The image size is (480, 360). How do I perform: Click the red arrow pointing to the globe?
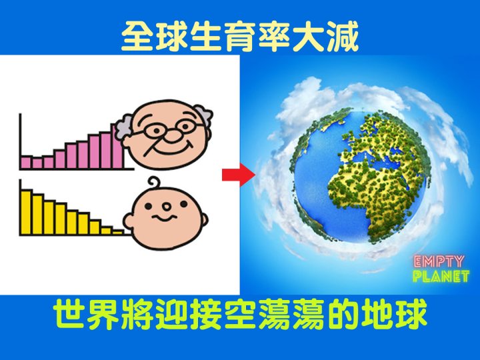pos(239,175)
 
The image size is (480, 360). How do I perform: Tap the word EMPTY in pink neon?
pos(439,262)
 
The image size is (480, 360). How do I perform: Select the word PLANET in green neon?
pos(441,276)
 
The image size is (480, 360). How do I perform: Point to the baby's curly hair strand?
pos(154,183)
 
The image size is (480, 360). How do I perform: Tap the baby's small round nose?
pos(167,207)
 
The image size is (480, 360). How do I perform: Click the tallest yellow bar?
pos(26,212)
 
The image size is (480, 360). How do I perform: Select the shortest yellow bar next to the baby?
pos(118,232)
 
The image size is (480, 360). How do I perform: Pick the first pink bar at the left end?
pos(26,162)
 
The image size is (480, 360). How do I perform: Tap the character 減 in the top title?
pos(343,37)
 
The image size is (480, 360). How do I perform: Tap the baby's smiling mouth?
pos(165,217)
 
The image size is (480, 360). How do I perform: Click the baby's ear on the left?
pos(128,221)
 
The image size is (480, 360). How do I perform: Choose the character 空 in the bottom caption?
pos(240,314)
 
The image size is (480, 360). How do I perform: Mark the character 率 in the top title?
pos(274,37)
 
